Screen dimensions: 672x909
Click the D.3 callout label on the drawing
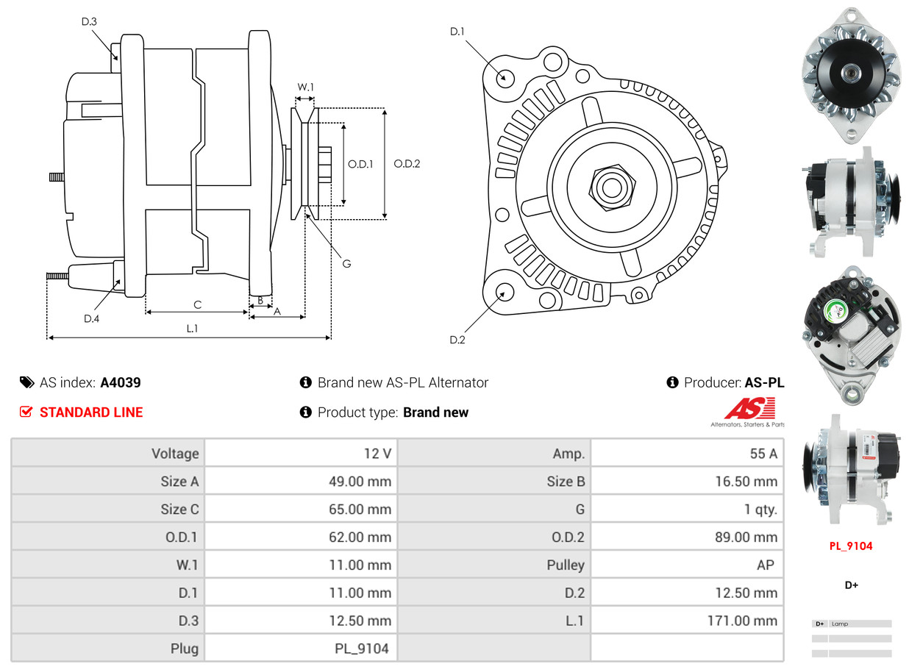coord(89,22)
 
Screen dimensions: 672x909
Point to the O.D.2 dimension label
coord(407,164)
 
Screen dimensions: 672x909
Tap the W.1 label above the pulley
coord(305,87)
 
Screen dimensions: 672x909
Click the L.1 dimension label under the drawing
coord(192,328)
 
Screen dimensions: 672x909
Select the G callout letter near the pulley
coord(346,263)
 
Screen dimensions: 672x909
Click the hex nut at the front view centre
coord(610,186)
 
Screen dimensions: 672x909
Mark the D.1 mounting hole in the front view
coord(505,77)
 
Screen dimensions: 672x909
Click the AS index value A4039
coord(121,382)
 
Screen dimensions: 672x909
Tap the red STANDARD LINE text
coord(91,412)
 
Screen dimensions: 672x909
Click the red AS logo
coord(749,408)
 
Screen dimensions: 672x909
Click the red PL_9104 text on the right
coord(851,546)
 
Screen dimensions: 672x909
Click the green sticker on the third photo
coord(834,312)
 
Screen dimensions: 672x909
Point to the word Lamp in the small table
coord(840,624)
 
